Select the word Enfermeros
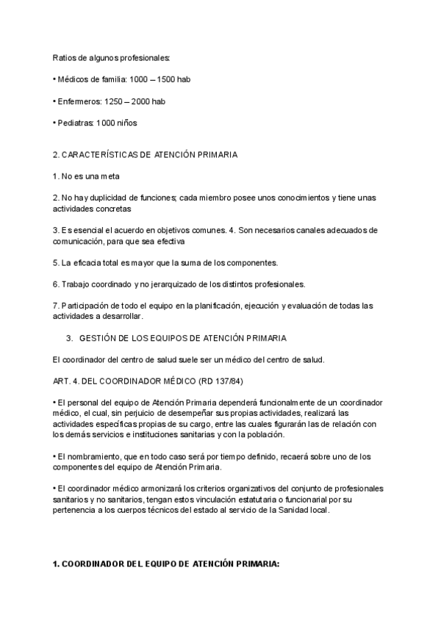tap(79, 101)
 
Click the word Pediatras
tap(75, 123)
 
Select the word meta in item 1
tap(108, 176)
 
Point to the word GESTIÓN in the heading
tap(98, 338)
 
